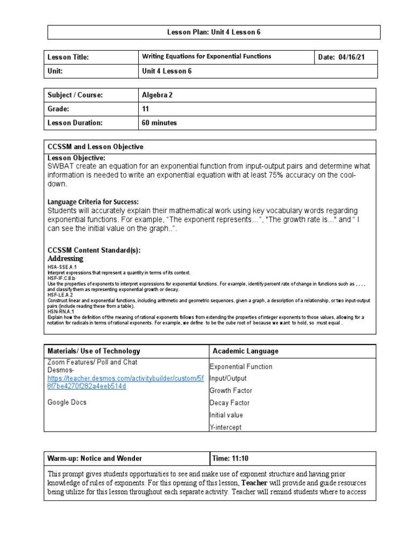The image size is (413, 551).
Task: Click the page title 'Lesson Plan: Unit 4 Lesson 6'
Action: pyautogui.click(x=214, y=32)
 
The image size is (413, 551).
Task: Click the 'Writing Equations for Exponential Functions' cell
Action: pyautogui.click(x=206, y=56)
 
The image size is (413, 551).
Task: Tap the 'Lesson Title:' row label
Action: pyautogui.click(x=68, y=57)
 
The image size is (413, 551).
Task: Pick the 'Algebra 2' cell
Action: pyautogui.click(x=158, y=95)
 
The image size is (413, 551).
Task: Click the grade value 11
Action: pyautogui.click(x=146, y=109)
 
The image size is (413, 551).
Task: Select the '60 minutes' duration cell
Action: pyautogui.click(x=159, y=123)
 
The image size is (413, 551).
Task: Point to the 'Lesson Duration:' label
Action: pyautogui.click(x=75, y=123)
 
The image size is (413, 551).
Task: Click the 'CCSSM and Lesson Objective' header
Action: pyautogui.click(x=96, y=147)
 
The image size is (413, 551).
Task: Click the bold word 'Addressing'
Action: pyautogui.click(x=66, y=258)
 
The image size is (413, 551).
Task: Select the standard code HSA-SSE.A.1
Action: pyautogui.click(x=62, y=267)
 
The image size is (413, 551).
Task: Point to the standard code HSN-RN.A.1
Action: pyautogui.click(x=61, y=312)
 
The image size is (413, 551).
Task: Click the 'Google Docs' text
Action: pyautogui.click(x=67, y=402)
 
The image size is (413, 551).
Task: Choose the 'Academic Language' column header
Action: pyautogui.click(x=246, y=351)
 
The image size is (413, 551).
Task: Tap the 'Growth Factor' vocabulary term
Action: pyautogui.click(x=231, y=391)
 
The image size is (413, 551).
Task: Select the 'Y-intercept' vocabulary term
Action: pyautogui.click(x=225, y=427)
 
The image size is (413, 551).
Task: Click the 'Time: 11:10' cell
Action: pyautogui.click(x=231, y=458)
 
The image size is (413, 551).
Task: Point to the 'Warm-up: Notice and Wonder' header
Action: pyautogui.click(x=95, y=458)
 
